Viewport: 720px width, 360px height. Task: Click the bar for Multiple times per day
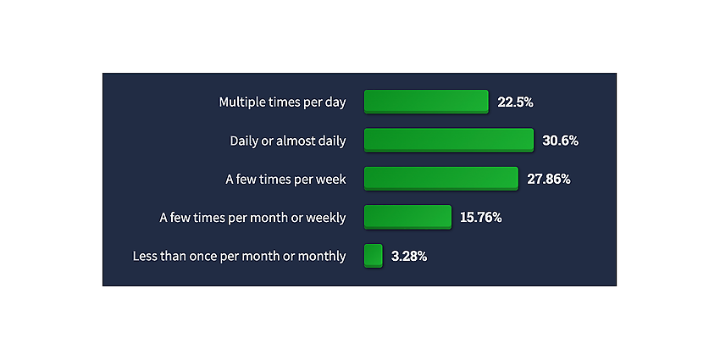tap(426, 102)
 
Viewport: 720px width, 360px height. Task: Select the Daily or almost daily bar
tap(449, 140)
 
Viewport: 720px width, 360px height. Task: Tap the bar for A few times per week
tap(440, 179)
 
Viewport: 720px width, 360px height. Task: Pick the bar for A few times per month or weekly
tap(407, 217)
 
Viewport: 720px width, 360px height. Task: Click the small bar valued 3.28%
tap(374, 256)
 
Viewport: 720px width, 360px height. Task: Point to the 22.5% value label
tap(515, 102)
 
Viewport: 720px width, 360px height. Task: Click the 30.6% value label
tap(560, 141)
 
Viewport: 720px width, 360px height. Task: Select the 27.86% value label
tap(549, 180)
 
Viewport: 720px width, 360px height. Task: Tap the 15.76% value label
tap(481, 218)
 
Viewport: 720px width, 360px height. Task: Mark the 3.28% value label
tap(409, 256)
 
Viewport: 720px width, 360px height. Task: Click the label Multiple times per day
tap(282, 102)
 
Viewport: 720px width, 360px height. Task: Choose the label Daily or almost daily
tap(288, 141)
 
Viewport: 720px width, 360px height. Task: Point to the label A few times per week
tap(285, 180)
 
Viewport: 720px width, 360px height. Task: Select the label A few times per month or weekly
tap(252, 218)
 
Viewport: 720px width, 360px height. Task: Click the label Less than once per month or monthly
tap(239, 256)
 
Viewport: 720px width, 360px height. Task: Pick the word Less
tap(143, 256)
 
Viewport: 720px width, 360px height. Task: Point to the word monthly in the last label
tap(322, 257)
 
